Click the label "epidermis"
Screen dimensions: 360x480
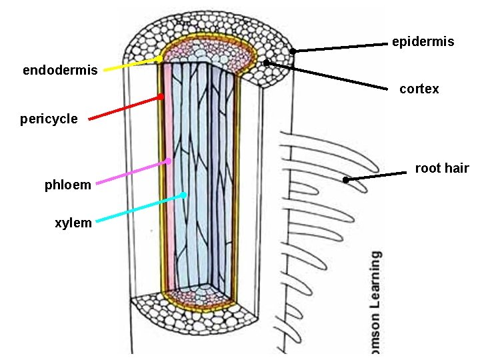(423, 41)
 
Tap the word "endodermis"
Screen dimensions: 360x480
(60, 70)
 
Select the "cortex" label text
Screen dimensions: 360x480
(419, 89)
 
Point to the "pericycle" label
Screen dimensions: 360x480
(49, 119)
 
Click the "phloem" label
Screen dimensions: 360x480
(68, 185)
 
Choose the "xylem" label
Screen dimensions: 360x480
(73, 223)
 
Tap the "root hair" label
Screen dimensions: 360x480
(442, 168)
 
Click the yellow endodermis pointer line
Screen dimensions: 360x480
(130, 64)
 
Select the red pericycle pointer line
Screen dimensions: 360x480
(123, 108)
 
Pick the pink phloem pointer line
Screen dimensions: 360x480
(130, 172)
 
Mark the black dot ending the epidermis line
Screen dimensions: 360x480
(293, 51)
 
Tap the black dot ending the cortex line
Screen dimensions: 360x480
(266, 63)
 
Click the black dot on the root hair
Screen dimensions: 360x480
(345, 179)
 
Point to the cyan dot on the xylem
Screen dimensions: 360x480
(183, 195)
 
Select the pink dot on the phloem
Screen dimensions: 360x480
(169, 161)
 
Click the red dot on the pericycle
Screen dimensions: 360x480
(161, 97)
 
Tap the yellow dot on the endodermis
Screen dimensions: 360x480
(160, 59)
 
